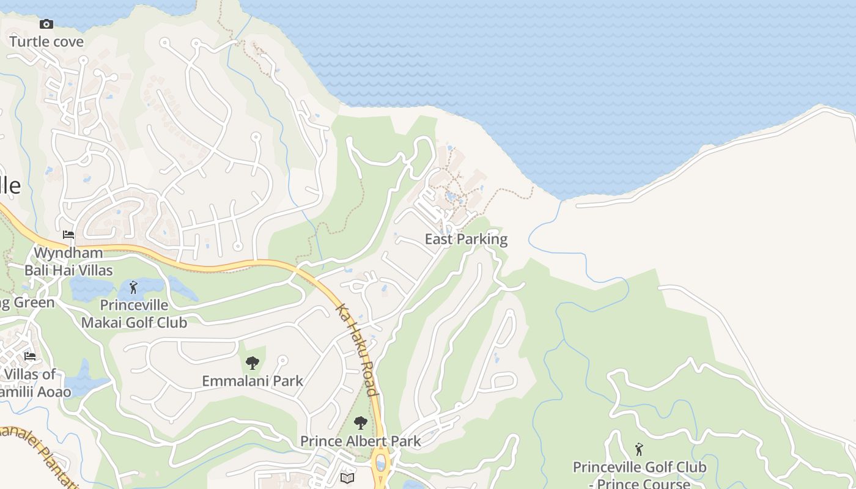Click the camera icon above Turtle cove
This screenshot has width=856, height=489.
click(x=46, y=24)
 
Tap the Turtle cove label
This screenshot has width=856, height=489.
click(x=46, y=42)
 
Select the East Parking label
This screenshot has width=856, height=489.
click(x=466, y=239)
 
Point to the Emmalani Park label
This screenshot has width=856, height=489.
click(x=253, y=381)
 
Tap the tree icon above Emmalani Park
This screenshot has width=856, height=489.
click(x=253, y=364)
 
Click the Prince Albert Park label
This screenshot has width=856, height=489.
click(x=360, y=441)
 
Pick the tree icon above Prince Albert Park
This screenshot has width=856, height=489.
click(x=361, y=423)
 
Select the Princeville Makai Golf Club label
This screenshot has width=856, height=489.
click(x=135, y=314)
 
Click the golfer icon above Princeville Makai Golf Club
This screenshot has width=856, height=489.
click(x=133, y=287)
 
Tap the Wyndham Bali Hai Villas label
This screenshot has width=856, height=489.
click(x=68, y=261)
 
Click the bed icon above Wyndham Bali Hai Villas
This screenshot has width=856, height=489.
click(x=68, y=235)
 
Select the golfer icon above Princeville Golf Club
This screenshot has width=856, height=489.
click(x=639, y=450)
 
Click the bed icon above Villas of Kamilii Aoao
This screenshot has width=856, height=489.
click(x=29, y=356)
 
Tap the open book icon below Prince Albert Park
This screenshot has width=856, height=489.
click(x=347, y=477)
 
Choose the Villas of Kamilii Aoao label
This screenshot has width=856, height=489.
click(x=34, y=383)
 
